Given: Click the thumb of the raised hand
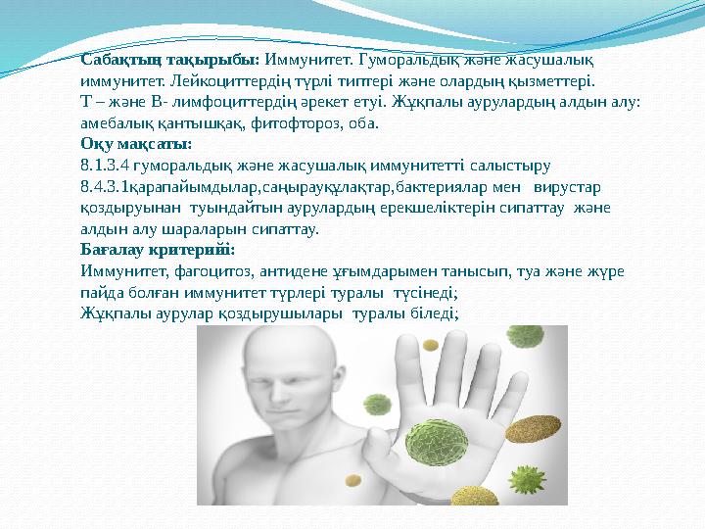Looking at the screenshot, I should (382, 396).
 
